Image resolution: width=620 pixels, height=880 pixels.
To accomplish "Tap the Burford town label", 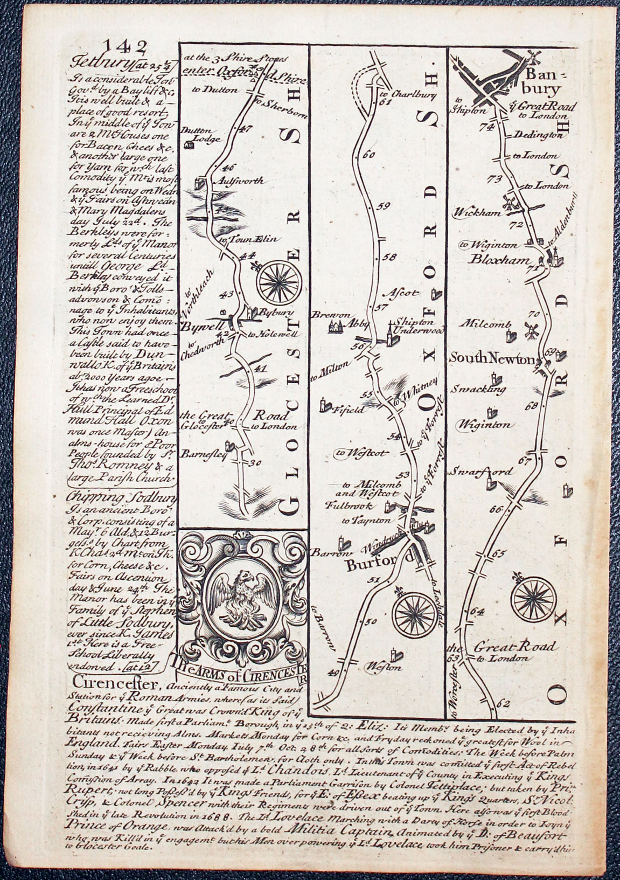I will (380, 565).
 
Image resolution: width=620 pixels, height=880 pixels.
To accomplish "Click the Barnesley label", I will (204, 453).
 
